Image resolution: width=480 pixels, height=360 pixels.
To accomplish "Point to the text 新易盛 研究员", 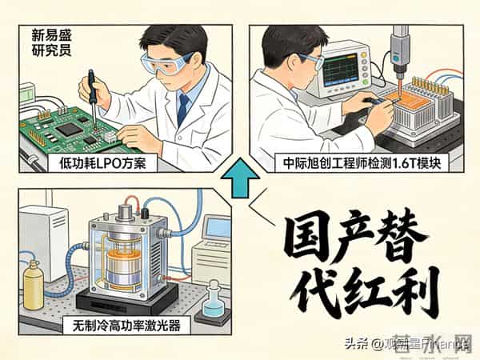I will tap(50, 42).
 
